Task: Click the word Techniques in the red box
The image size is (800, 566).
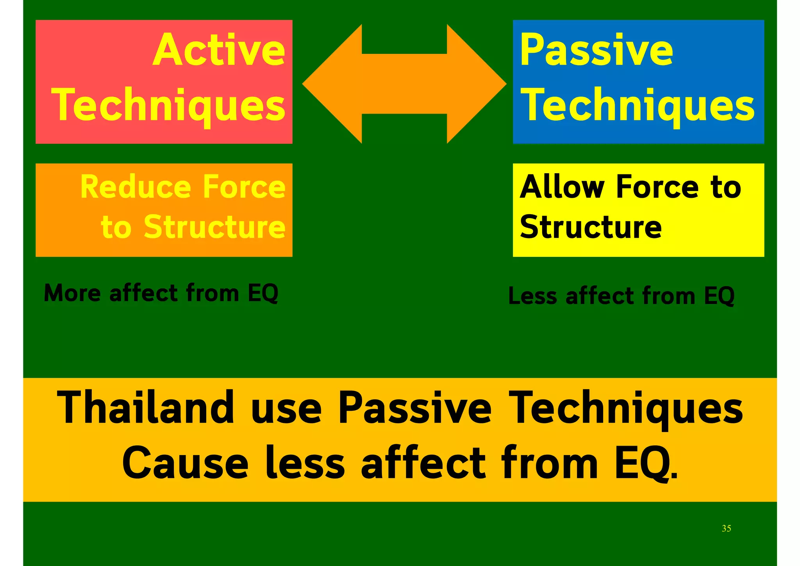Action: click(x=169, y=105)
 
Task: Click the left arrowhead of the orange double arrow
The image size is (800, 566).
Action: click(x=332, y=84)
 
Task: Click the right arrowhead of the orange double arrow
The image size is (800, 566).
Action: click(x=477, y=84)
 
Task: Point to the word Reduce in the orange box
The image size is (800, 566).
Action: click(x=136, y=187)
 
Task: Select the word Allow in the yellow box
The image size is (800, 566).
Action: click(x=562, y=187)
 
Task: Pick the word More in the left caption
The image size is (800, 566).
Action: click(x=73, y=293)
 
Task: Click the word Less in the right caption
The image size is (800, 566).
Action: click(x=532, y=296)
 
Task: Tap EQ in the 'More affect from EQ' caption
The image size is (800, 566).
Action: click(x=263, y=293)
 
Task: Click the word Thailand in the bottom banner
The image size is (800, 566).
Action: click(x=146, y=407)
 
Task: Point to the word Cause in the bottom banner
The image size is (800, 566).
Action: click(x=186, y=463)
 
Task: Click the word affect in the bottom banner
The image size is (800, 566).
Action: click(x=423, y=463)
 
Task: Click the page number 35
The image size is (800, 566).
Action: click(x=726, y=528)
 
